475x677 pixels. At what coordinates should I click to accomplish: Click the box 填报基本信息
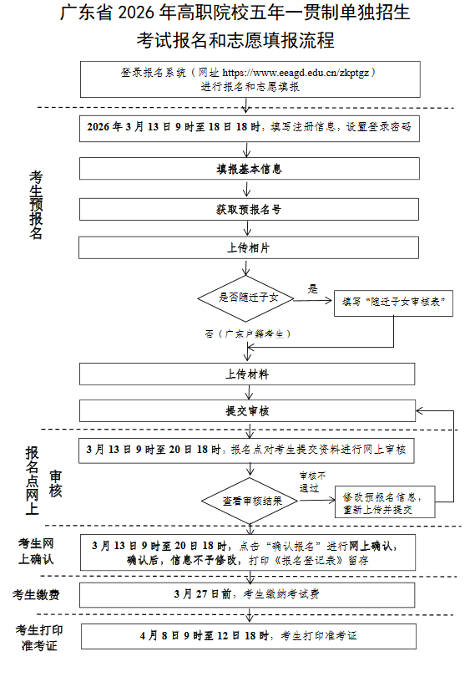pyautogui.click(x=248, y=169)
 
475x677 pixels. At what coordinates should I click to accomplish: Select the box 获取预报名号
pyautogui.click(x=248, y=208)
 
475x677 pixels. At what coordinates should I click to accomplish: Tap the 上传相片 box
pyautogui.click(x=248, y=248)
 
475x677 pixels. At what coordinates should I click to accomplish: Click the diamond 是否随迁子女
pyautogui.click(x=243, y=298)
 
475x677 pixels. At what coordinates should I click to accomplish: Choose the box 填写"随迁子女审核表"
pyautogui.click(x=393, y=303)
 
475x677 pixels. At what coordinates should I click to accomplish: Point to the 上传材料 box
pyautogui.click(x=248, y=373)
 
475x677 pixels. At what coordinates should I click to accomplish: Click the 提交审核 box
pyautogui.click(x=248, y=410)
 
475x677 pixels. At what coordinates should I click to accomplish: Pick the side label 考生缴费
pyautogui.click(x=34, y=594)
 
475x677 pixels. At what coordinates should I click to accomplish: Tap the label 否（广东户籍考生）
pyautogui.click(x=247, y=333)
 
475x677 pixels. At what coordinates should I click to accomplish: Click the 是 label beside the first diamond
pyautogui.click(x=312, y=288)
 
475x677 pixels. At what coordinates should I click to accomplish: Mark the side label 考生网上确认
pyautogui.click(x=36, y=552)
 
